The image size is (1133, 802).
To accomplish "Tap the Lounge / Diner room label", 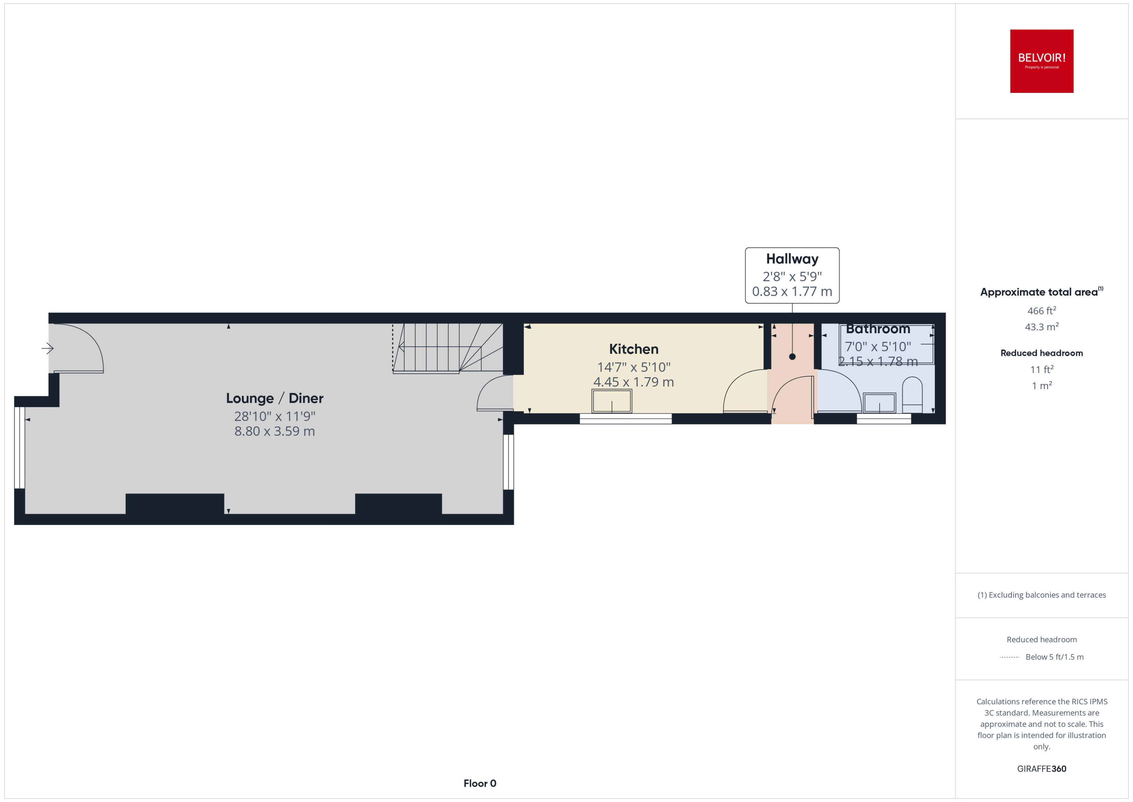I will tap(275, 398).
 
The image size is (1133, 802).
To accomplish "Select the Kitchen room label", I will tap(634, 349).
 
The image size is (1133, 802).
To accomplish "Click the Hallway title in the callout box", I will tap(792, 259).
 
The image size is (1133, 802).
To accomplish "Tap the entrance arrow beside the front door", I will tap(47, 349).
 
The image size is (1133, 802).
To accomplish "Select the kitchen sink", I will tap(612, 401).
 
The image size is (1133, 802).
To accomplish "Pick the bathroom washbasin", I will tap(879, 402).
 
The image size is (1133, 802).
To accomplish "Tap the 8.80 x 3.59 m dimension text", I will tap(275, 431).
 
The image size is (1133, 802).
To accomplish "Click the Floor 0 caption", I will tap(480, 783).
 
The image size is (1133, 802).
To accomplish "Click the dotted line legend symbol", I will tap(1009, 657).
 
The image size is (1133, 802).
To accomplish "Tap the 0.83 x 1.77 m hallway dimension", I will tap(792, 291).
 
